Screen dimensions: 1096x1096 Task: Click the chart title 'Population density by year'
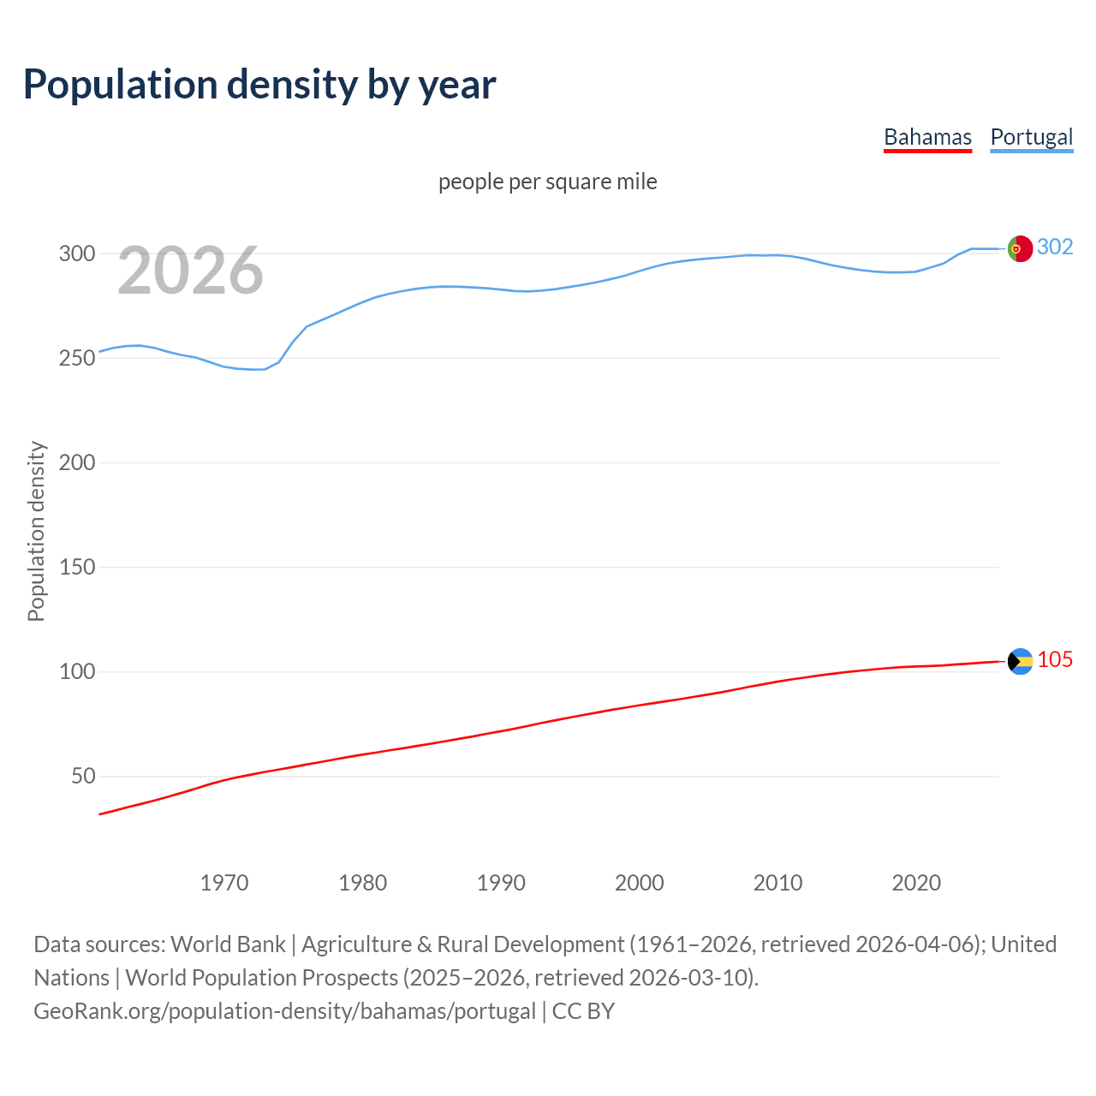(x=259, y=84)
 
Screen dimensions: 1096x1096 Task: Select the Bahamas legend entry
(x=927, y=137)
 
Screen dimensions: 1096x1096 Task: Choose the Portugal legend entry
(x=1031, y=137)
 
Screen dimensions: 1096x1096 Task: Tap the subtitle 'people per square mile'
(x=547, y=182)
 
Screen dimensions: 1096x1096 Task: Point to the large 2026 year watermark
(x=190, y=271)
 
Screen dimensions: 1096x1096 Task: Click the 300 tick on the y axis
(x=76, y=253)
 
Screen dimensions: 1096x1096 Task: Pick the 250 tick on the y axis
(x=76, y=358)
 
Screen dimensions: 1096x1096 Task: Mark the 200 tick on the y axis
(x=76, y=462)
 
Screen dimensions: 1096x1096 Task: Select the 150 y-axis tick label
(x=76, y=567)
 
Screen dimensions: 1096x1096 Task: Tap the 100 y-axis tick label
(x=76, y=671)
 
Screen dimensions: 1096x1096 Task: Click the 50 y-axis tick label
(x=83, y=776)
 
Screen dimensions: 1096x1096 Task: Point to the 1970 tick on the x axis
(x=224, y=882)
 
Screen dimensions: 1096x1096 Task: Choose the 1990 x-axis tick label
(x=501, y=882)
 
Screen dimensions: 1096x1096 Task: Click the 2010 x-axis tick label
(x=777, y=882)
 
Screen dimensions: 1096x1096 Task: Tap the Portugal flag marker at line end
(x=1019, y=248)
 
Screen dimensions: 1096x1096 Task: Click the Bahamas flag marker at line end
(x=1020, y=661)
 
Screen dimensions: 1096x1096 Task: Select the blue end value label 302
(x=1055, y=247)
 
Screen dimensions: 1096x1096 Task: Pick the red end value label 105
(x=1055, y=659)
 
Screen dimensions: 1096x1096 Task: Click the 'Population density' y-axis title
(x=36, y=531)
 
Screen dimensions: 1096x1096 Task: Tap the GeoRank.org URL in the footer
(x=284, y=1010)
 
